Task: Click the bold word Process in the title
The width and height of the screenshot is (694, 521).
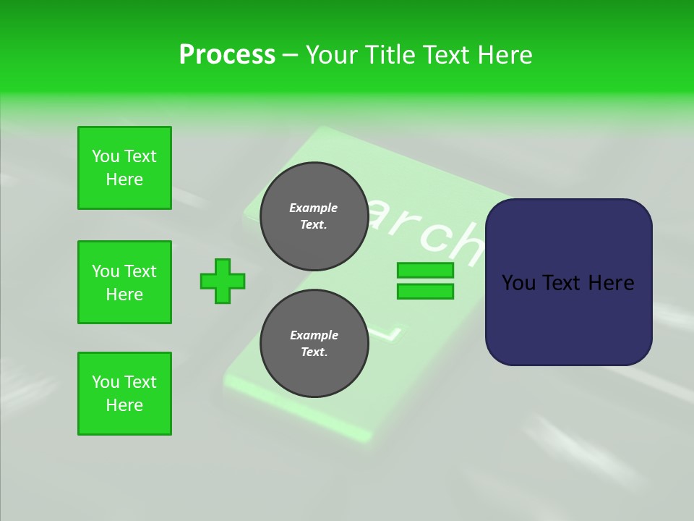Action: coord(227,55)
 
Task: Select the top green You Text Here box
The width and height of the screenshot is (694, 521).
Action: coord(124,168)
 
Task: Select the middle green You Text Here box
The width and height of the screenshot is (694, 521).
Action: coord(124,282)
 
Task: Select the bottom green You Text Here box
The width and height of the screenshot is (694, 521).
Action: coord(124,394)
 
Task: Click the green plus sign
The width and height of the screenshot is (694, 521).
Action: coord(223,281)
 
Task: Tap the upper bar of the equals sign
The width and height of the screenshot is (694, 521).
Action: coord(425,271)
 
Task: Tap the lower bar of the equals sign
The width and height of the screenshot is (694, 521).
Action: coord(425,291)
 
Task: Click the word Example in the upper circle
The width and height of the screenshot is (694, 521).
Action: coord(313,208)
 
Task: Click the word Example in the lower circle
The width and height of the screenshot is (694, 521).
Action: coord(314,336)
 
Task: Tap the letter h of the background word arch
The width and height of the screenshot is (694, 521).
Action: coord(463,242)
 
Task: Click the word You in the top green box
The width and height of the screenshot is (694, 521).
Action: coord(106,156)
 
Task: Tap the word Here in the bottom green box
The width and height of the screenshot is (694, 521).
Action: coord(124,405)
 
